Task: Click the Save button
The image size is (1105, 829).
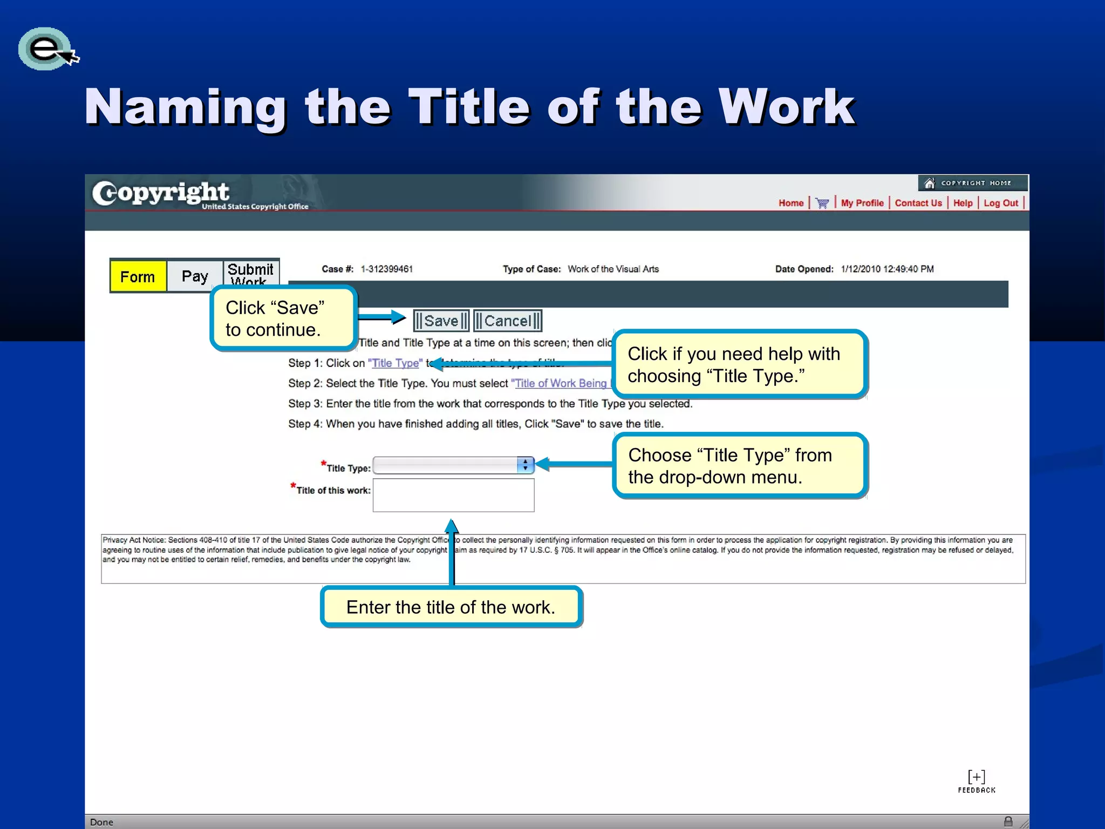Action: click(441, 321)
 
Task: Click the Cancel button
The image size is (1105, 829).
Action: click(507, 321)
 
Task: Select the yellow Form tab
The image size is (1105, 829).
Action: click(138, 277)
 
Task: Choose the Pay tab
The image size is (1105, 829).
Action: click(195, 276)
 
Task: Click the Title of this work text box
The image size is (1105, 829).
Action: click(453, 495)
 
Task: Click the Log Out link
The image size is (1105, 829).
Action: click(1000, 203)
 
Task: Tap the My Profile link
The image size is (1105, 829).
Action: click(862, 203)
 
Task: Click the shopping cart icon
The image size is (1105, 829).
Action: click(822, 203)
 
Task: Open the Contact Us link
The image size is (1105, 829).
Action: click(918, 203)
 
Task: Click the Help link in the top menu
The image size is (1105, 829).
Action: click(963, 203)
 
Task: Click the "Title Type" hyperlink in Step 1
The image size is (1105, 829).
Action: click(395, 363)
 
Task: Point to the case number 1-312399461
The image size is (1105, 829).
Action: click(386, 269)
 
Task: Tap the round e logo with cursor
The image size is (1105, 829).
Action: click(46, 49)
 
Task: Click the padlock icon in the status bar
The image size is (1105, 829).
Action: click(1008, 821)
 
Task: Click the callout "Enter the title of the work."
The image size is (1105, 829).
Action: click(451, 607)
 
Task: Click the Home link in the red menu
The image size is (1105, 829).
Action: click(790, 203)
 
